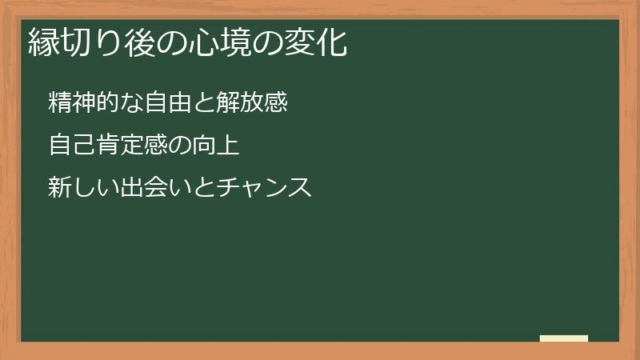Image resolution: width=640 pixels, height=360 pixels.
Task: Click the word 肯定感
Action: pos(129,146)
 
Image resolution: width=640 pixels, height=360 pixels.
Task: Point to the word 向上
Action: pos(218,146)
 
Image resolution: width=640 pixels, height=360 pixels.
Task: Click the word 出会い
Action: pos(152,189)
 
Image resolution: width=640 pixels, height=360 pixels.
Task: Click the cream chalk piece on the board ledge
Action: pos(564,338)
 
